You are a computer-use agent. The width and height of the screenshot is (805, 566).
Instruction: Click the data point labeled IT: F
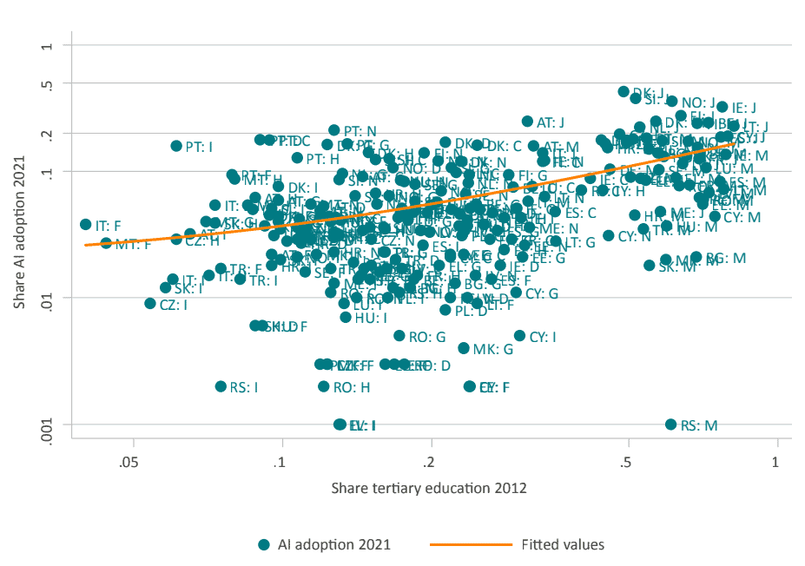click(x=86, y=224)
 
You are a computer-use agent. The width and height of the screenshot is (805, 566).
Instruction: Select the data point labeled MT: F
click(x=106, y=243)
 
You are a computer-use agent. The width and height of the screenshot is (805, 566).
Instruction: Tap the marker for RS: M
click(x=670, y=424)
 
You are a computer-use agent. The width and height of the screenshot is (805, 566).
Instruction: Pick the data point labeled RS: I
click(x=221, y=386)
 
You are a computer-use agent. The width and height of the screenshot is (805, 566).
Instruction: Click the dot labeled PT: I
click(x=176, y=147)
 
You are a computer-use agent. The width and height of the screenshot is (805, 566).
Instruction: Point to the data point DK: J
click(x=624, y=92)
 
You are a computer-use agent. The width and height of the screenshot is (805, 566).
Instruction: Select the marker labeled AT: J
click(x=527, y=122)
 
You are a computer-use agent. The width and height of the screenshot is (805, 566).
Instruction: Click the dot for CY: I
click(x=519, y=335)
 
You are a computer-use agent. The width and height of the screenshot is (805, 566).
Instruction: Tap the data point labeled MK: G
click(x=464, y=348)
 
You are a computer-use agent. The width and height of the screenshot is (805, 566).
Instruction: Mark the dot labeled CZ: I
click(x=150, y=304)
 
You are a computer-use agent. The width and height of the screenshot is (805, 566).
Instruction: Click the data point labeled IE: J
click(x=723, y=107)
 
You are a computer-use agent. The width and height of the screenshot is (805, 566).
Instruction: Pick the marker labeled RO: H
click(x=324, y=386)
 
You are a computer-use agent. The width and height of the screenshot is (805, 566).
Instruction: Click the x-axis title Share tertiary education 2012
click(x=429, y=488)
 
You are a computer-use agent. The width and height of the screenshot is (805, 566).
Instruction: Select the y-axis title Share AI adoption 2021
click(x=19, y=236)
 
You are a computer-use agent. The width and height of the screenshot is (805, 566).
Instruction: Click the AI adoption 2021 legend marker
click(x=265, y=545)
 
